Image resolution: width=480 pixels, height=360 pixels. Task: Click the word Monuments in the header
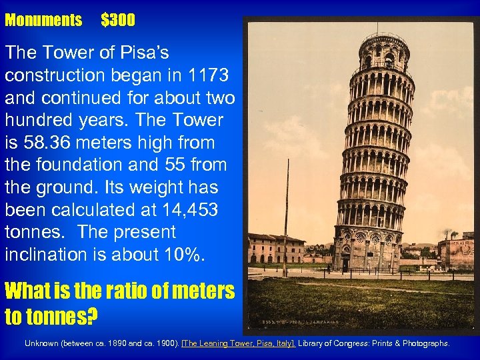(43, 21)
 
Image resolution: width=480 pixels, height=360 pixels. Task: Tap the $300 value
(118, 21)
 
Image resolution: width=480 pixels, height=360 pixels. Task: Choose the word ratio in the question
(125, 291)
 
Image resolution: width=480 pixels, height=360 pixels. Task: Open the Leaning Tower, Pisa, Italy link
(239, 343)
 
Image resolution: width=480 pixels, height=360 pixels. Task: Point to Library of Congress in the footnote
(331, 343)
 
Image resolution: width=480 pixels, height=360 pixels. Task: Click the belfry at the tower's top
(385, 50)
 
